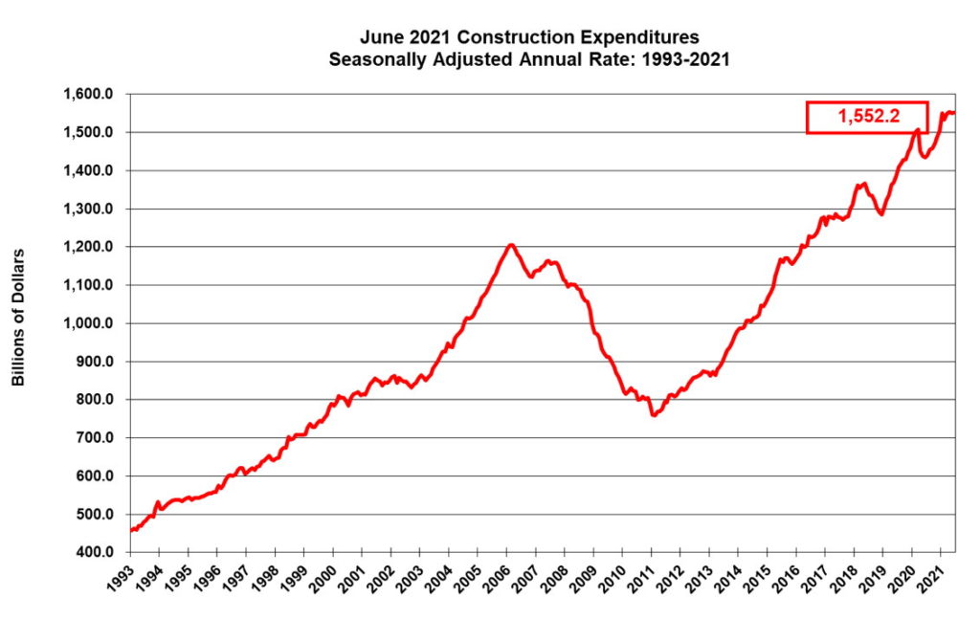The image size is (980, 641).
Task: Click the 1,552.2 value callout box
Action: coord(867,117)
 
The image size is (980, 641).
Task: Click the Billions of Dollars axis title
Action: coord(18,318)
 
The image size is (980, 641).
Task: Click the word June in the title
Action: coord(379,38)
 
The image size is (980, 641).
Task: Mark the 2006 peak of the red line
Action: coord(511,245)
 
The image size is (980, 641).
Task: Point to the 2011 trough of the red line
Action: coord(653,415)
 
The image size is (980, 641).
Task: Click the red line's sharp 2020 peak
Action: coord(917,130)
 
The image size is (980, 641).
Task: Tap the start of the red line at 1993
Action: coord(130,530)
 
